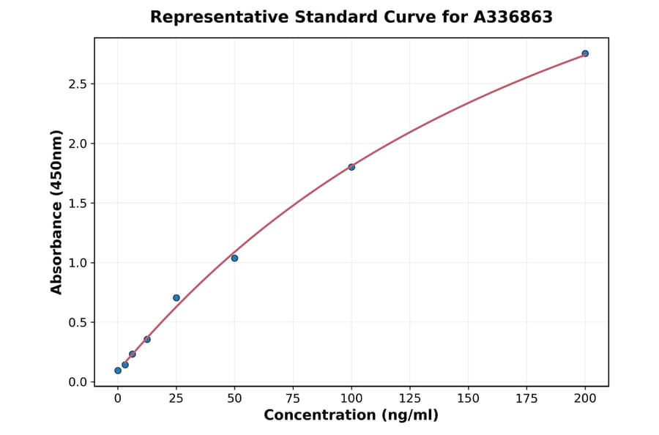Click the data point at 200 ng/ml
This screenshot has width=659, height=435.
pyautogui.click(x=585, y=53)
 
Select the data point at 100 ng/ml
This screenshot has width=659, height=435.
pyautogui.click(x=351, y=167)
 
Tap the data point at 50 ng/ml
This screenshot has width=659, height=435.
pyautogui.click(x=234, y=258)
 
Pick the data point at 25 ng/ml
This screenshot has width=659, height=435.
pyautogui.click(x=176, y=298)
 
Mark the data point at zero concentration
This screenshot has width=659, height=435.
pyautogui.click(x=118, y=371)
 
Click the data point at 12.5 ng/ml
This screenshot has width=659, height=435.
pyautogui.click(x=147, y=340)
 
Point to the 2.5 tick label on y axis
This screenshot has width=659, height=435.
pyautogui.click(x=78, y=84)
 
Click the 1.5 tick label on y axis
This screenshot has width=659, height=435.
pyautogui.click(x=78, y=204)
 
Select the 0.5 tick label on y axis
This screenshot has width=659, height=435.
pyautogui.click(x=78, y=323)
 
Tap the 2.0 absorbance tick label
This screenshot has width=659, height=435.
pyautogui.click(x=78, y=144)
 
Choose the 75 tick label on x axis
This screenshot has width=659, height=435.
pyautogui.click(x=293, y=398)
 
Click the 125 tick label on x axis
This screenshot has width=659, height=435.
pyautogui.click(x=410, y=398)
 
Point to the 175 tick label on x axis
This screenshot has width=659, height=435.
pyautogui.click(x=526, y=398)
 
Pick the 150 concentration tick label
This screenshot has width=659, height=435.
pyautogui.click(x=469, y=398)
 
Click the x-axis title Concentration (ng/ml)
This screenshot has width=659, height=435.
pyautogui.click(x=351, y=416)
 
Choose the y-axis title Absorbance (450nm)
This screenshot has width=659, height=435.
pyautogui.click(x=57, y=212)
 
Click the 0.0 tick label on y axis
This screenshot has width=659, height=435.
pyautogui.click(x=78, y=382)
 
